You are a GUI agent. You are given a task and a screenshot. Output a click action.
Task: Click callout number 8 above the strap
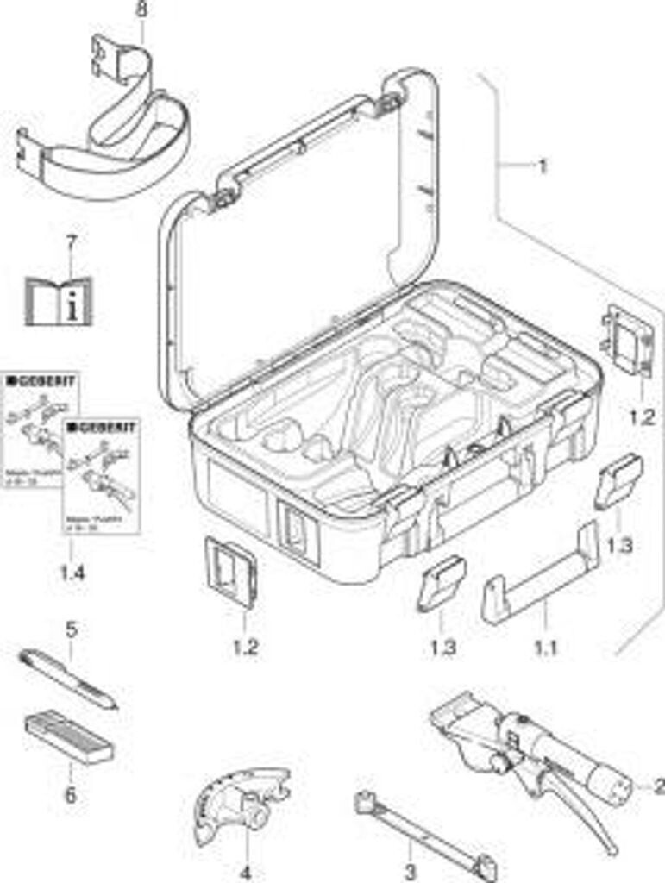[x=141, y=10]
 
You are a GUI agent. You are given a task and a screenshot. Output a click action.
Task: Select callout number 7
[x=71, y=243]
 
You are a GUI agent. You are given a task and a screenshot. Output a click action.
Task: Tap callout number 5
[x=71, y=629]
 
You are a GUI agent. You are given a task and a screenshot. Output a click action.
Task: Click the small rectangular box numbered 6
[x=69, y=737]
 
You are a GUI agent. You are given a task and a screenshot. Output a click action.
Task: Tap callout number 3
[x=411, y=871]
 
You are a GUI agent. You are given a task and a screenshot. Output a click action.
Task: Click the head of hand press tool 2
[x=466, y=720]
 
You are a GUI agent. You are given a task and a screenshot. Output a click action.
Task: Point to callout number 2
[x=659, y=785]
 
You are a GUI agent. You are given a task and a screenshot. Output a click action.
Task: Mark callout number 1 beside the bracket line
[x=543, y=166]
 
